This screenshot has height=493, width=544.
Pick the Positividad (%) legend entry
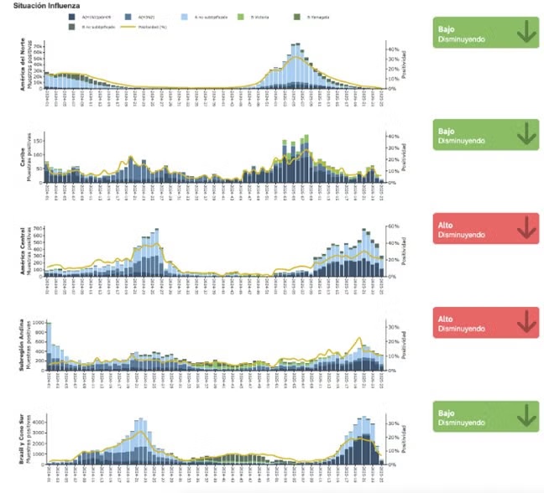click(144, 27)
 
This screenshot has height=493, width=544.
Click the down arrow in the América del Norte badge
click(526, 33)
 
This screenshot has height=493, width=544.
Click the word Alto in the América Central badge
click(445, 224)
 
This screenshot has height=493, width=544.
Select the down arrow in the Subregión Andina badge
click(526, 321)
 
